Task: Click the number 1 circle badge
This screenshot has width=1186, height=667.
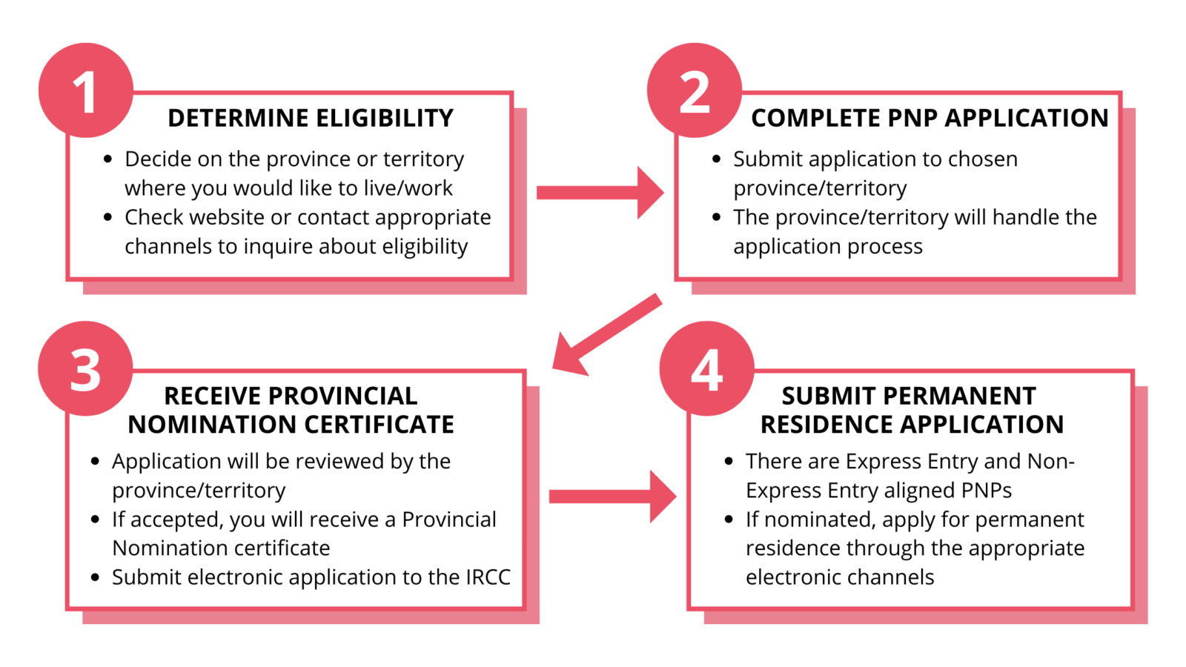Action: [x=85, y=91]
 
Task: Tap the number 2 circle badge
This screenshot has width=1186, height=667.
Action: [x=695, y=91]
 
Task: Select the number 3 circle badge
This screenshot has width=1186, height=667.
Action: [x=85, y=368]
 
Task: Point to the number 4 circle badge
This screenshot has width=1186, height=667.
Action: [x=706, y=368]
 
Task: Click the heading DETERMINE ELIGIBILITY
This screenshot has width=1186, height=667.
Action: [x=310, y=119]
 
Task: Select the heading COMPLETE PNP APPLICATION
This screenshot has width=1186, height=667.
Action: [x=930, y=119]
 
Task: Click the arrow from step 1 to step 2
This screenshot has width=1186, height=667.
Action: [x=599, y=193]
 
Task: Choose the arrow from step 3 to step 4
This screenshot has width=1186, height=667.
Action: [x=612, y=497]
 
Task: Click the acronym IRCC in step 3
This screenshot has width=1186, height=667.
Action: [x=488, y=577]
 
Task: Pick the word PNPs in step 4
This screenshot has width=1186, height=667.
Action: [x=986, y=491]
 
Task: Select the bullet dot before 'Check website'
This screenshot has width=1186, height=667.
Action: [x=108, y=217]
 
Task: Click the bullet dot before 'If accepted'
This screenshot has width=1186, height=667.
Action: [x=95, y=520]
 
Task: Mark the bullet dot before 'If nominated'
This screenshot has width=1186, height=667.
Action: [x=729, y=520]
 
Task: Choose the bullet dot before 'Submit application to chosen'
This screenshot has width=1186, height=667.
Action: [x=716, y=159]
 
